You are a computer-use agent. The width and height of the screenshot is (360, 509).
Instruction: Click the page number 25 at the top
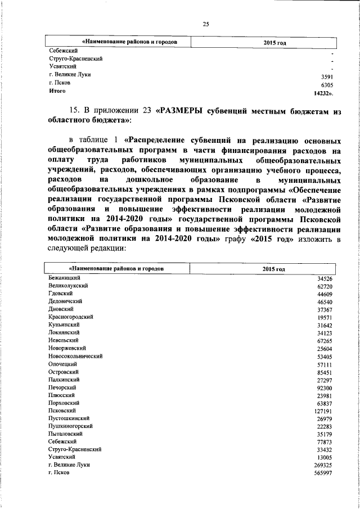[205, 23]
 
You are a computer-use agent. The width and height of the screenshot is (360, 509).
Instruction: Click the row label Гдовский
[61, 294]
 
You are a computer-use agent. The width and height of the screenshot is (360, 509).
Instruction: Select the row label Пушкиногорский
[70, 426]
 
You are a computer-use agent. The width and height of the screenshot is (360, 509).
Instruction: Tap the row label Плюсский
[61, 395]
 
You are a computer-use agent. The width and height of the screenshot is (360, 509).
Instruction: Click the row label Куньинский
[64, 325]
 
